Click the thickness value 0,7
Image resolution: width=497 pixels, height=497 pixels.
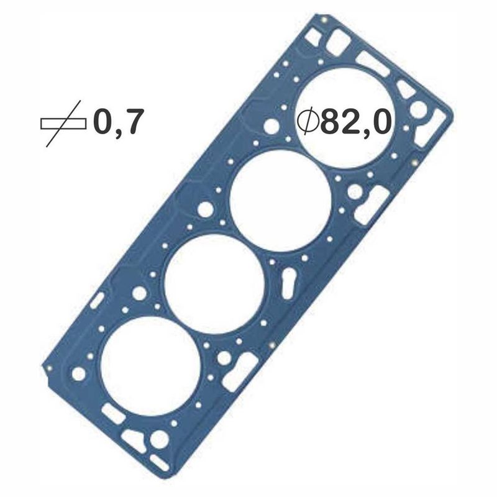116,122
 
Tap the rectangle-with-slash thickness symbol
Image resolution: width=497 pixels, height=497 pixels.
63,124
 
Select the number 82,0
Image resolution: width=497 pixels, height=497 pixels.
354,122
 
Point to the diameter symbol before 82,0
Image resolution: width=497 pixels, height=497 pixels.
308,122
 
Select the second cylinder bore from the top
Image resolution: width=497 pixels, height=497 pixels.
280,200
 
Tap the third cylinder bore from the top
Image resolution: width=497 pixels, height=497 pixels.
214,284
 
